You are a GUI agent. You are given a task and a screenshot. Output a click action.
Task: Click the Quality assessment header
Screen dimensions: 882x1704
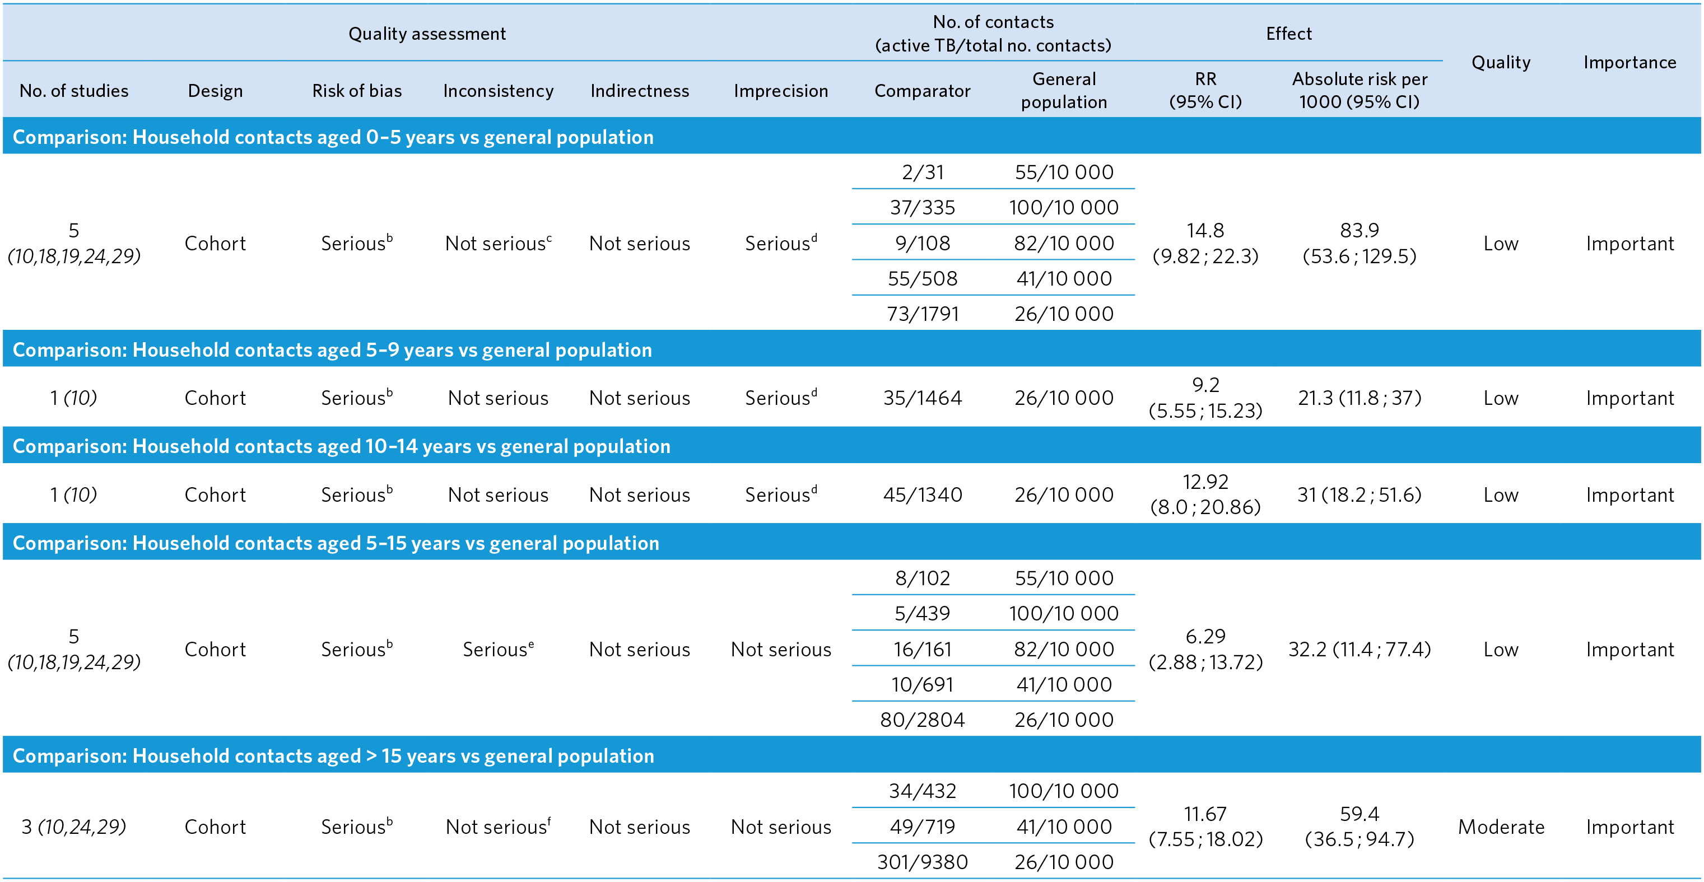coord(427,34)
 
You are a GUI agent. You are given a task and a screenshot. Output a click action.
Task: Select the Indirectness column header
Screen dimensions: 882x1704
coord(639,91)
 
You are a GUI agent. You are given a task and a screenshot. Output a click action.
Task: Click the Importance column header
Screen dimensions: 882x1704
coord(1629,62)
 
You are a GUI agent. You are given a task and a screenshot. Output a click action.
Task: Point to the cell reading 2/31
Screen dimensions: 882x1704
coord(922,172)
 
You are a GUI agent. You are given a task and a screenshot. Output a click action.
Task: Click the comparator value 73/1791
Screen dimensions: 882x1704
coord(922,314)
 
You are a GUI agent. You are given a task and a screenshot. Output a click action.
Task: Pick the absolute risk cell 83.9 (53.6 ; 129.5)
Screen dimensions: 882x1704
coord(1359,242)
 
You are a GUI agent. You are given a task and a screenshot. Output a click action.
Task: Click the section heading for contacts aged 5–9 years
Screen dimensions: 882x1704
coord(332,350)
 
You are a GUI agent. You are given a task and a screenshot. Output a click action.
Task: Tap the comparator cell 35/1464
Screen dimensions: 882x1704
coord(922,398)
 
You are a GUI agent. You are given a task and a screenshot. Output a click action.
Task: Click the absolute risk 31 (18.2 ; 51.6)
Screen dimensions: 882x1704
coord(1359,494)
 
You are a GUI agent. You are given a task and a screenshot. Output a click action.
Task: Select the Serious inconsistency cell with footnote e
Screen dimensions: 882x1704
coord(497,649)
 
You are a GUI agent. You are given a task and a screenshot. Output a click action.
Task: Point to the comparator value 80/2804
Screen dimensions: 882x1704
coord(922,720)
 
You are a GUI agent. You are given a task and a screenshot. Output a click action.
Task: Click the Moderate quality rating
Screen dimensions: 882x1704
coord(1500,827)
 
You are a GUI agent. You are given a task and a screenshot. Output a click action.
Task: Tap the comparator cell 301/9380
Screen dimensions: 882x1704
coord(922,861)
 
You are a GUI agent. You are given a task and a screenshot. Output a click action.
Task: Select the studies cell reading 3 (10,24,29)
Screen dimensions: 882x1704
coord(73,827)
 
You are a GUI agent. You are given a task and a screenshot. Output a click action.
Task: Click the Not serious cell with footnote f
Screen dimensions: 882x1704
coord(497,827)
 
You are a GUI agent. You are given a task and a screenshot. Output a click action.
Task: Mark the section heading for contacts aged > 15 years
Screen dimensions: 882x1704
coord(333,755)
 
